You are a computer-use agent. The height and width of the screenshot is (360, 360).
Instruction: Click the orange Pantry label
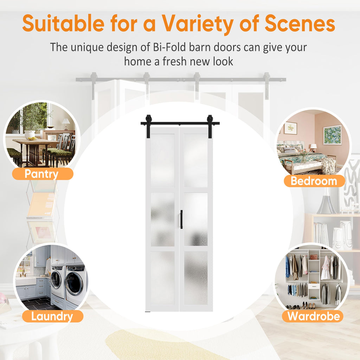coord(43,174)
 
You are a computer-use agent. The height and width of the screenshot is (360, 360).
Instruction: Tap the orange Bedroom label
coord(314,181)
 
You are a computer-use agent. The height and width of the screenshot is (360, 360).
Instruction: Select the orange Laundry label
coord(53,316)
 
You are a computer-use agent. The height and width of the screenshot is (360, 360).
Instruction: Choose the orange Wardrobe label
coord(313,316)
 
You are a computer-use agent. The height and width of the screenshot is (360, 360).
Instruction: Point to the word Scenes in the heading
coord(300,24)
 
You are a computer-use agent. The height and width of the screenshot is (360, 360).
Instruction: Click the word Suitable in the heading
coord(63,24)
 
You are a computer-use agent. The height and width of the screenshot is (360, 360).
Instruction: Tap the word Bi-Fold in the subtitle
coord(169,47)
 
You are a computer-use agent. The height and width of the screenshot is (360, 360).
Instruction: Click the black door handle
coord(181,219)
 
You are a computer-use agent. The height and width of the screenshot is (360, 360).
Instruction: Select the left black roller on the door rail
coord(148,119)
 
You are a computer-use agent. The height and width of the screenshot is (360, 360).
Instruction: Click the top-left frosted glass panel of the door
coord(162,160)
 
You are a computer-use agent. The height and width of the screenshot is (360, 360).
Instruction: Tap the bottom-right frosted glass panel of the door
coord(196,278)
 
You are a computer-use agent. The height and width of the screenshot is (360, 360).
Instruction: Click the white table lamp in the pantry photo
coord(66,124)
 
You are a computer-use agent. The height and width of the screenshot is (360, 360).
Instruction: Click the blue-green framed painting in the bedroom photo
coord(332,135)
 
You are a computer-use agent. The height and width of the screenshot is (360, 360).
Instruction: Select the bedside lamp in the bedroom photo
coord(313,148)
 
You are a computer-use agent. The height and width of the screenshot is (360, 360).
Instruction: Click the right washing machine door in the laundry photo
coord(74,284)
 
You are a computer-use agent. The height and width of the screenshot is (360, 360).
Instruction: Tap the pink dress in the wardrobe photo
coord(325,269)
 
